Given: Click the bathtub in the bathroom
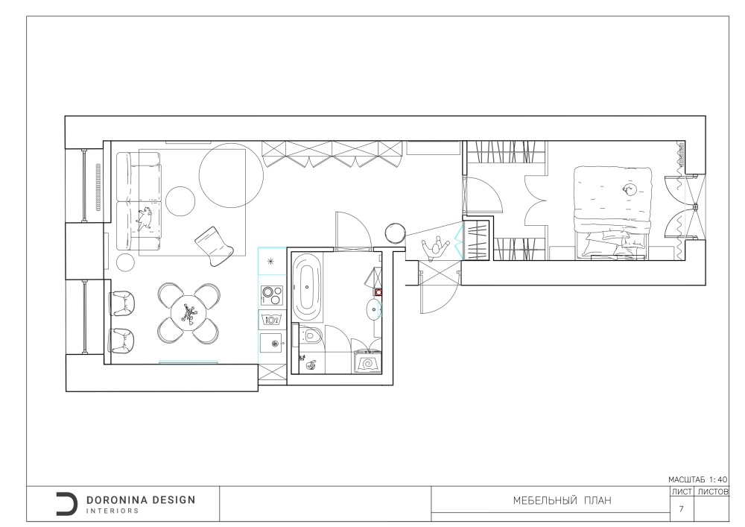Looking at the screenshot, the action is coord(306,287).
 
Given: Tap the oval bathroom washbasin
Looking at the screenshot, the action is coord(374,309).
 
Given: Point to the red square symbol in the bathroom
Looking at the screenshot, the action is coord(378,292).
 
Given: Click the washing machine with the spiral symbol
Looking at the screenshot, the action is coord(367,362).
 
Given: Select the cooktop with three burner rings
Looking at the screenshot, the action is coord(272,295).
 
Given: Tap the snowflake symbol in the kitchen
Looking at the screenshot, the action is coord(271,261).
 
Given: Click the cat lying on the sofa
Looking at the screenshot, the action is coord(145,218).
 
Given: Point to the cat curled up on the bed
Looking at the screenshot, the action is coord(630,189).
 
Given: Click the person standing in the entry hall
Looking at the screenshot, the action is coord(435,248).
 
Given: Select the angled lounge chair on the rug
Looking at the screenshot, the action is coord(215,246).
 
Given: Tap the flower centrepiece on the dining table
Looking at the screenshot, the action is coord(188,314).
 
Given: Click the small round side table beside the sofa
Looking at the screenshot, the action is coord(126,262).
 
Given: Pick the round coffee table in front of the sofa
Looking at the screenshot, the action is coord(180,201).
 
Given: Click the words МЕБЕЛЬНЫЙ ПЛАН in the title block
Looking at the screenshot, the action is coord(562,500).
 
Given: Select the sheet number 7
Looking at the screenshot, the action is coord(682,509).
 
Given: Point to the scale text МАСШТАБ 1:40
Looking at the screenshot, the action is coord(697,480).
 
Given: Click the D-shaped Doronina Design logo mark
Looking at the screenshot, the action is coord(66,504).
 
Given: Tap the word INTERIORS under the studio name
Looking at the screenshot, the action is coord(112,511).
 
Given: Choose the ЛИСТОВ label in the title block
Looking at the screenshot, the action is coord(713,492).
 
